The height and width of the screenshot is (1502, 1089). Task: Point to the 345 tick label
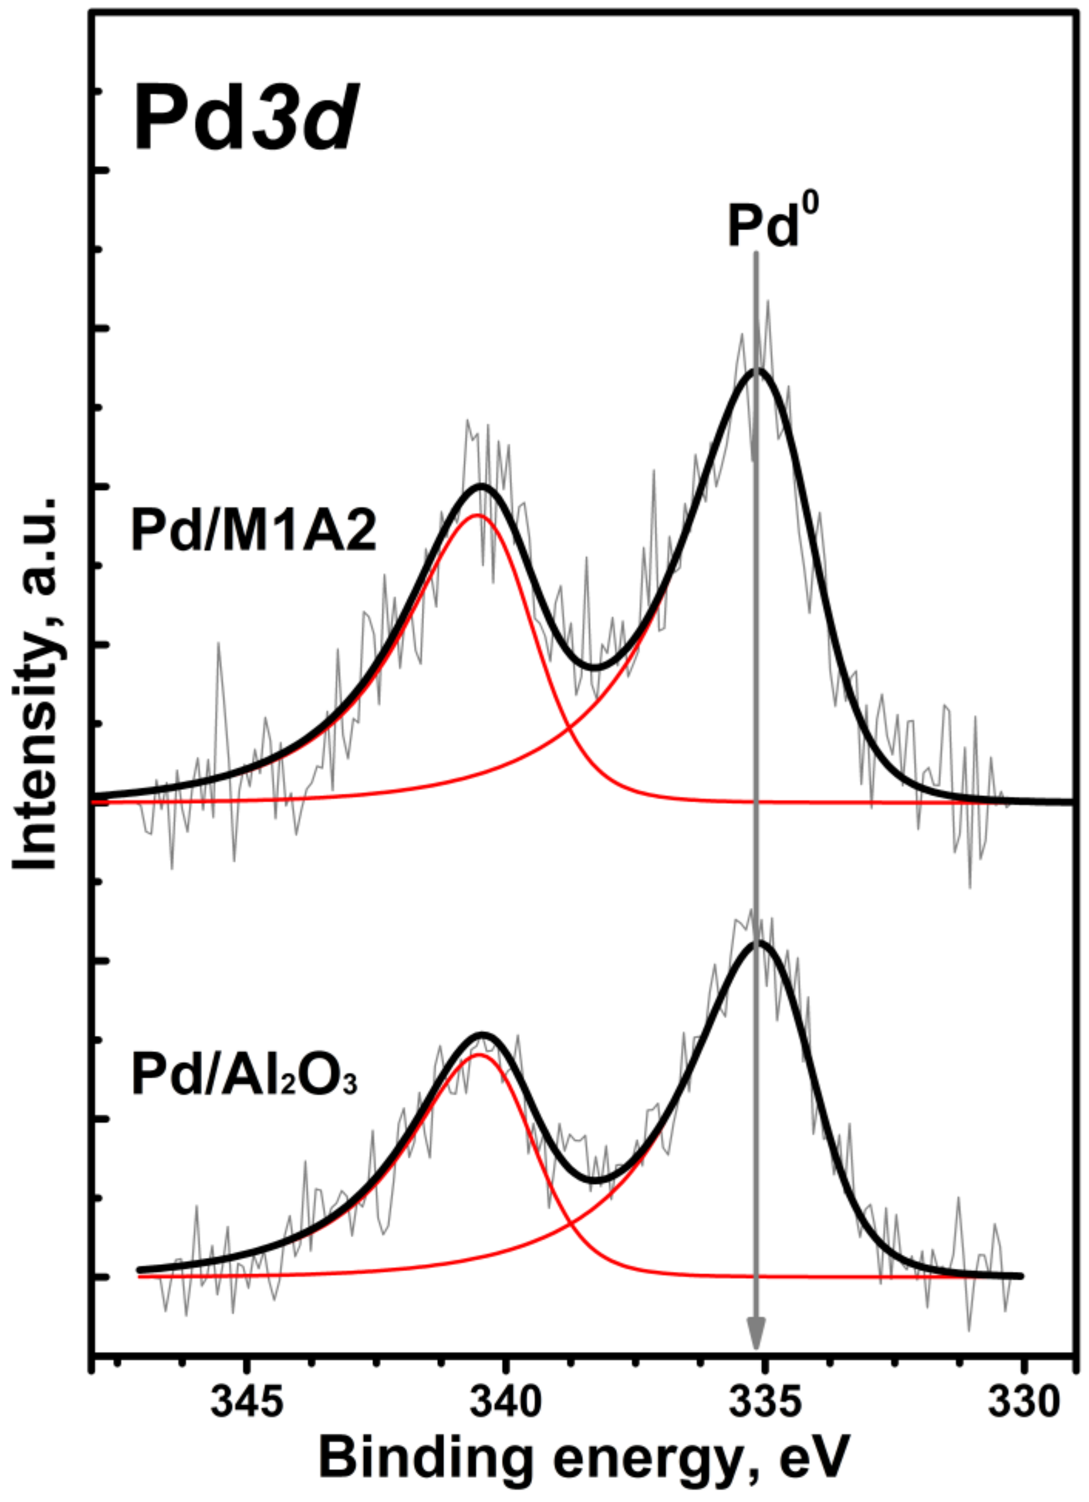(246, 1401)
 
